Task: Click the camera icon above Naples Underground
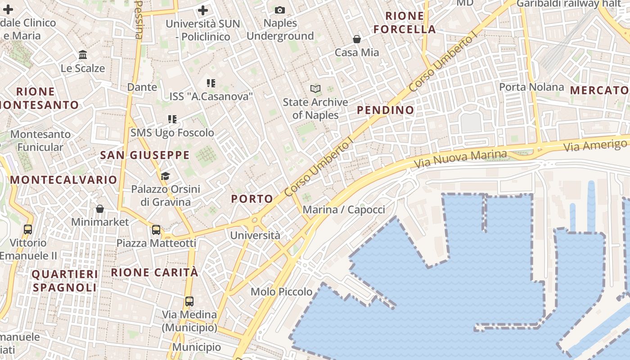279,10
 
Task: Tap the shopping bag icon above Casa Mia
357,39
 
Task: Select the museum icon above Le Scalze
83,55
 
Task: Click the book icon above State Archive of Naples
315,89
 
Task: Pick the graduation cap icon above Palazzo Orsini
166,175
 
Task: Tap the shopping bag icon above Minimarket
100,209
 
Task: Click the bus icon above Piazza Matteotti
156,230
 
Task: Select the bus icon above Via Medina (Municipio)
189,301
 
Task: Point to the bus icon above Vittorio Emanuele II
28,229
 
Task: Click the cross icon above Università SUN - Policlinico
203,10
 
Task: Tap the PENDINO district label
385,110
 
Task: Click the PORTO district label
252,199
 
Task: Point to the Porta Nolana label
531,87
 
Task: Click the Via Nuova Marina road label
460,159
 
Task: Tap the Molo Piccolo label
282,292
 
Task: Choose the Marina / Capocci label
344,210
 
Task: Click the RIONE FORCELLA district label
405,23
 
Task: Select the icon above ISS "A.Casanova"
211,83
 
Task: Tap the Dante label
142,87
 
